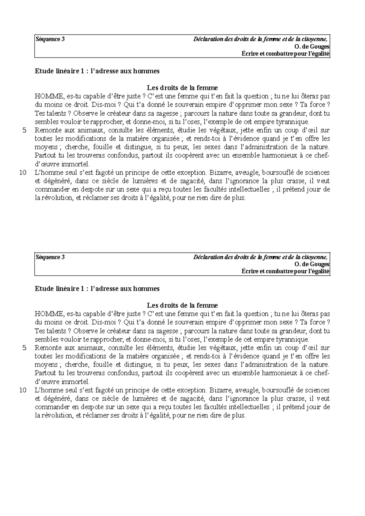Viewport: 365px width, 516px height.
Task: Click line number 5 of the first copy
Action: [x=25, y=131]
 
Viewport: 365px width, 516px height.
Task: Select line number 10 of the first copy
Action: [x=23, y=173]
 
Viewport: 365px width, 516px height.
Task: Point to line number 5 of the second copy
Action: [x=25, y=348]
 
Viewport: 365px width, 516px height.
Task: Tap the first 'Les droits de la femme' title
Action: [x=182, y=88]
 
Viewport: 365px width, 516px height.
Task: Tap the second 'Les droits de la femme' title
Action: [x=182, y=305]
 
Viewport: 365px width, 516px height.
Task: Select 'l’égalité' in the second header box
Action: [x=318, y=271]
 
